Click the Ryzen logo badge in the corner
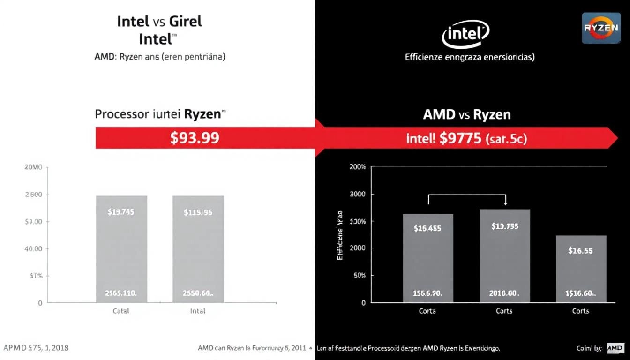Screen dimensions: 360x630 tap(601, 28)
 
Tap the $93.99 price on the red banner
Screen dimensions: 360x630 tap(195, 138)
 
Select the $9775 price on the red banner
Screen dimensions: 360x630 tap(460, 138)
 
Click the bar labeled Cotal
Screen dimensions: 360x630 tap(121, 249)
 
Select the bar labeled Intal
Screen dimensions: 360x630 tap(198, 249)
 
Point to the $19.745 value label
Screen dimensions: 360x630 tap(121, 212)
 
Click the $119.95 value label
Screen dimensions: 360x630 tap(198, 212)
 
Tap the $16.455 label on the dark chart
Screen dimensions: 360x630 tap(427, 229)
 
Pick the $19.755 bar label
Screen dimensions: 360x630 tap(504, 226)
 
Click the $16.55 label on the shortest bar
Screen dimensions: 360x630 tap(580, 251)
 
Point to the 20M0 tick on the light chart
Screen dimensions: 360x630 tap(33, 167)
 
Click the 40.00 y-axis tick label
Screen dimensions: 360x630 tap(33, 249)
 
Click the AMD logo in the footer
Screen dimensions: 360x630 tap(615, 348)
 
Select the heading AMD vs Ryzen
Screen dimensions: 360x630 tap(467, 114)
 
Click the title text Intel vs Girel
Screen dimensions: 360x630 tap(159, 22)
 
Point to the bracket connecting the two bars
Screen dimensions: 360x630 tap(467, 195)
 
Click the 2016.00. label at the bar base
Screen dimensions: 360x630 tap(504, 293)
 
